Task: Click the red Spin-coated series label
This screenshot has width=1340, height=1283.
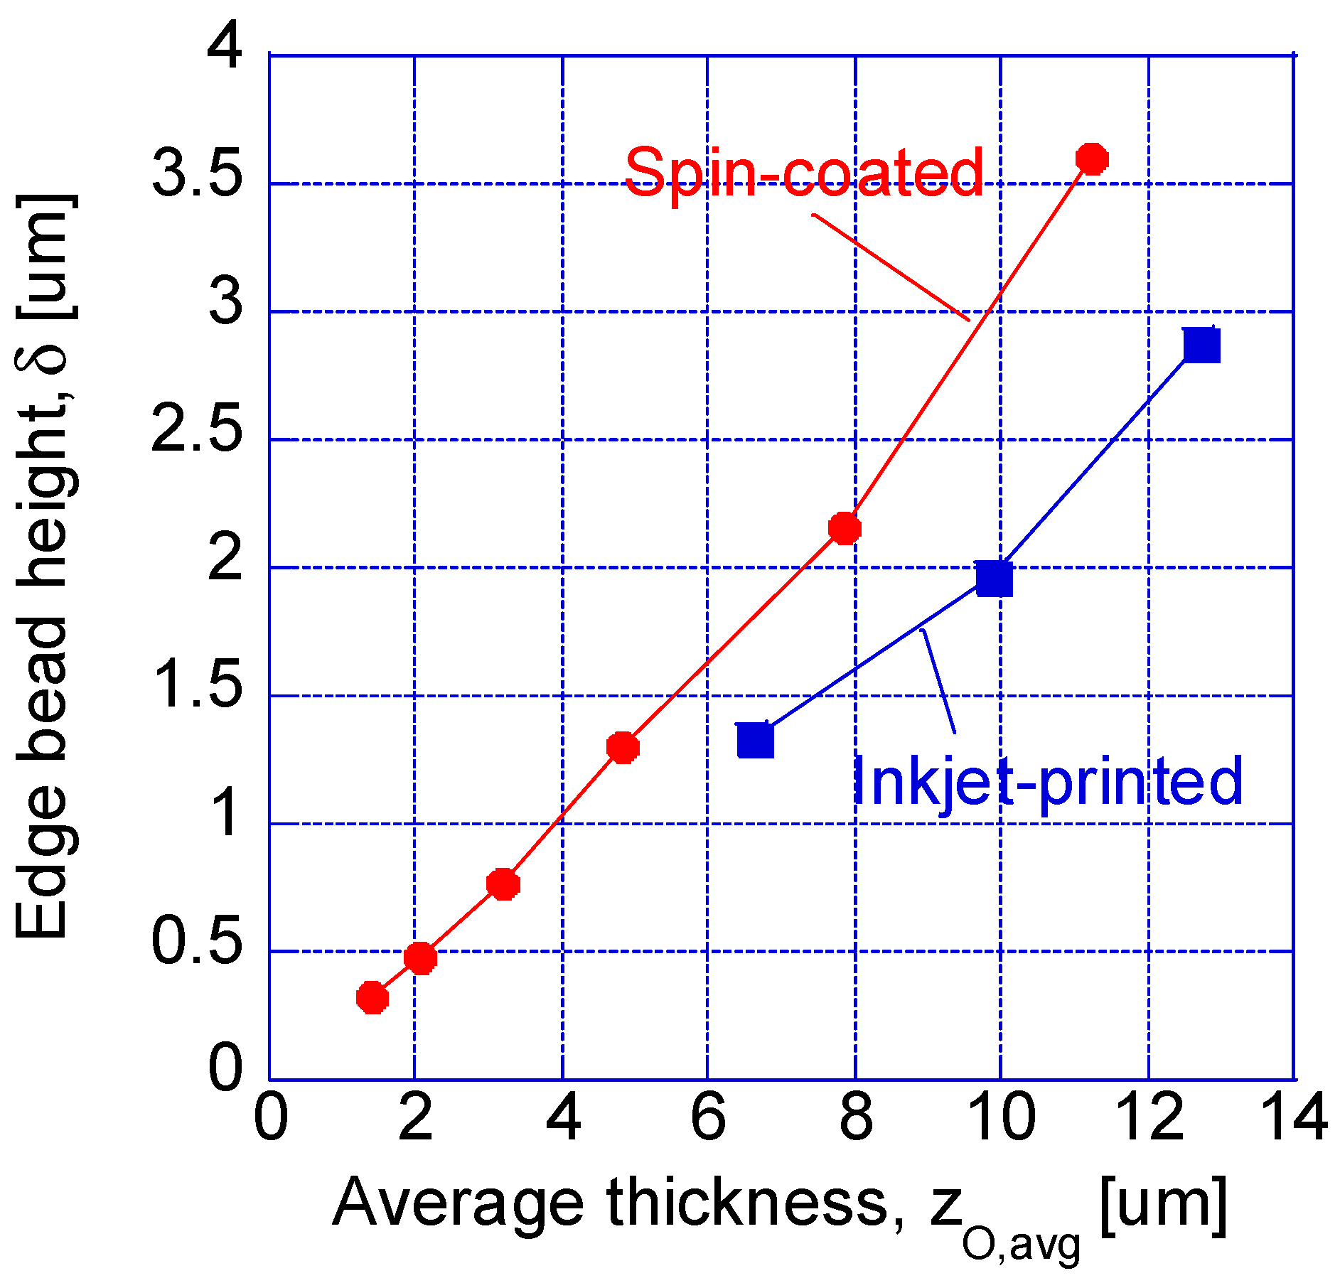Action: tap(804, 172)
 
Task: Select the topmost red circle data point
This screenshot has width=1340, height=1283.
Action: tap(1092, 159)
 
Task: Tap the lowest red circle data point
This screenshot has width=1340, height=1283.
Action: tap(372, 998)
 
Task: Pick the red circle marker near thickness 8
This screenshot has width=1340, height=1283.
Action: tap(845, 528)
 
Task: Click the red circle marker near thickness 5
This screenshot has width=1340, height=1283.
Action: tap(623, 747)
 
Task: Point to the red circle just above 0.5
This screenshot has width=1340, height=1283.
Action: tap(420, 957)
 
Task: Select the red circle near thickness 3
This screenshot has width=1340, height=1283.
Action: tap(503, 884)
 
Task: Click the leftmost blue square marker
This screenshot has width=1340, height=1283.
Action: tap(755, 740)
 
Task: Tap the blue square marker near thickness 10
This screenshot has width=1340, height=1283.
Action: tap(994, 578)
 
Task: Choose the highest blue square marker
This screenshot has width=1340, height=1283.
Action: tap(1202, 345)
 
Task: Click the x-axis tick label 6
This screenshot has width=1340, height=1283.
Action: tap(708, 1118)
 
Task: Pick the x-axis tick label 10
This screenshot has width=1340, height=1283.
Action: tap(1002, 1118)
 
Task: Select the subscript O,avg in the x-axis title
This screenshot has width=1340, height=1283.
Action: tap(1021, 1245)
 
